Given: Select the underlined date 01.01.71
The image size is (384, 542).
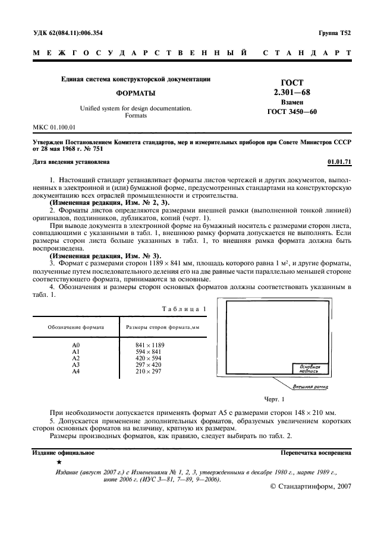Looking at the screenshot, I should pyautogui.click(x=339, y=161).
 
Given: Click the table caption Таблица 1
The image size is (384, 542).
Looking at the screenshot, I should pyautogui.click(x=184, y=309).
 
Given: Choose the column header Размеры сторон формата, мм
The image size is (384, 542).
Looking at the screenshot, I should pyautogui.click(x=162, y=327).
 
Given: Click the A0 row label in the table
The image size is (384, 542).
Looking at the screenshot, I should pyautogui.click(x=75, y=345).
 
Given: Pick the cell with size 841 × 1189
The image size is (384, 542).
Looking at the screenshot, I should pyautogui.click(x=150, y=345).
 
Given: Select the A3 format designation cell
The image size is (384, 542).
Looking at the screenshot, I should pyautogui.click(x=75, y=365).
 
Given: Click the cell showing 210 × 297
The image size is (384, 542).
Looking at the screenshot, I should pyautogui.click(x=149, y=372).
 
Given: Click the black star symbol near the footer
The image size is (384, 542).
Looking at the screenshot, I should pyautogui.click(x=58, y=461).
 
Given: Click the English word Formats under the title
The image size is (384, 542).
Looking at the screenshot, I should pyautogui.click(x=136, y=116).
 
